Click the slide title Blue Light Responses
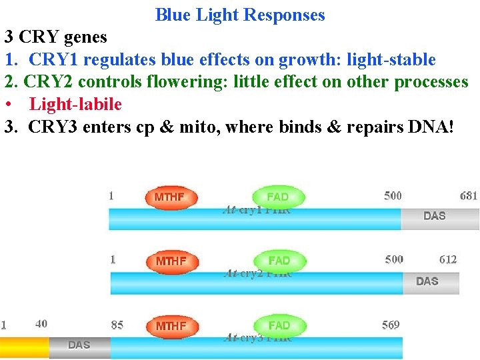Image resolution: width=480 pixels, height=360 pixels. coord(240,15)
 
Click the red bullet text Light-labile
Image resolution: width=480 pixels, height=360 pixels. coord(75,104)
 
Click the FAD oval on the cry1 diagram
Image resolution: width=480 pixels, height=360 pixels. coord(278,197)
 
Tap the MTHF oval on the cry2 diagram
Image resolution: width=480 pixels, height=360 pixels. coord(173,261)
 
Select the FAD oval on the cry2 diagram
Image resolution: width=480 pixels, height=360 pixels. coord(279,261)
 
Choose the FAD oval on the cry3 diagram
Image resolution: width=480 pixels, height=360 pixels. coord(279,325)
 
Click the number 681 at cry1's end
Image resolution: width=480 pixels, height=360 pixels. coord(469,195)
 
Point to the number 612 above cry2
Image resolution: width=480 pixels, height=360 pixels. coord(448,259)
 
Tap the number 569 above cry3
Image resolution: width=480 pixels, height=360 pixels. coord(391,325)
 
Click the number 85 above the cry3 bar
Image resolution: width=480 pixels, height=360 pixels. coord(117,325)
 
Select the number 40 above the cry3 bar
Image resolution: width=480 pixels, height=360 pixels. coord(41,323)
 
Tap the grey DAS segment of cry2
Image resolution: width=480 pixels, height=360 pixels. coord(431,283)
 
